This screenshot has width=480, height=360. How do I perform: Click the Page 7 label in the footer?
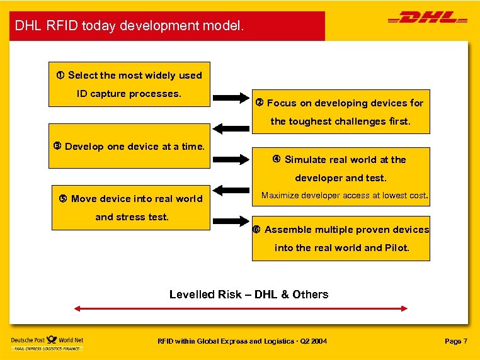(x=456, y=341)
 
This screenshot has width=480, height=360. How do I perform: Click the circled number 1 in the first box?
(x=60, y=76)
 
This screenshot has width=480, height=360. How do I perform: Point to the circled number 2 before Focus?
(x=260, y=103)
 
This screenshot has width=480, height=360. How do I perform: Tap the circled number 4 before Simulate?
(x=276, y=159)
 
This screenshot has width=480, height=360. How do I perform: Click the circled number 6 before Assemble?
(x=257, y=230)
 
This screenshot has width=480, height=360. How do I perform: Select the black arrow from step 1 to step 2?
(x=232, y=98)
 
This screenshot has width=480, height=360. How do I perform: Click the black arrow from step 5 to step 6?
(x=232, y=221)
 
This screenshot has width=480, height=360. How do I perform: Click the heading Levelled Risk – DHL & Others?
(x=249, y=295)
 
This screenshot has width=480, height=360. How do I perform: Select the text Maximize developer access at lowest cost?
(x=345, y=196)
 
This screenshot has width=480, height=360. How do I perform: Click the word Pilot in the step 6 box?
(x=396, y=248)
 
